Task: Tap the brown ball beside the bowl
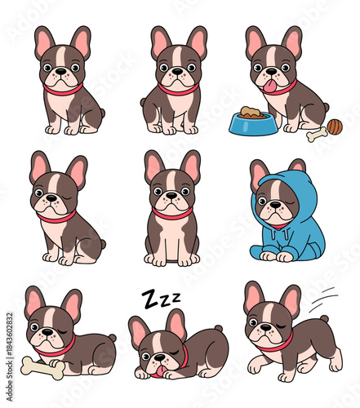click(334, 126)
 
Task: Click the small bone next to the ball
click(316, 133)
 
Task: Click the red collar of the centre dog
click(172, 215)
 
